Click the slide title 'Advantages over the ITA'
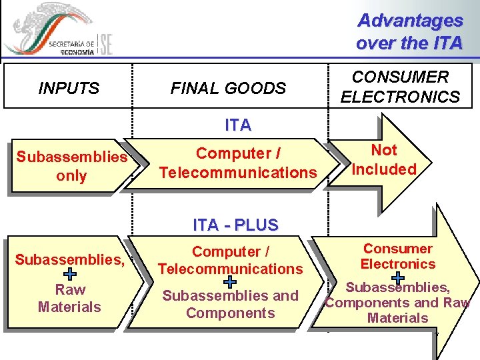(x=409, y=32)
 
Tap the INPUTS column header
(x=69, y=88)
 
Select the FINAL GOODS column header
(x=228, y=88)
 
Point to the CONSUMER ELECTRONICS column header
(x=400, y=87)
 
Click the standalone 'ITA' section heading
(x=238, y=125)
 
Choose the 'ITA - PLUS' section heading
(x=235, y=225)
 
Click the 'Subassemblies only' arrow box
(x=71, y=167)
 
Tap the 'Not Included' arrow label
(x=384, y=160)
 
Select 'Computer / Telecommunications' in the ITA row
(x=238, y=163)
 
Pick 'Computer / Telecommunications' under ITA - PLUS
(x=230, y=261)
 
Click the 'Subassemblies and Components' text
(x=230, y=305)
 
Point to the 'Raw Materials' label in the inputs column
(x=70, y=298)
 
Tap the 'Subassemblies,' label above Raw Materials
(x=70, y=259)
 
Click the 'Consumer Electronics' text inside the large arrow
(x=398, y=257)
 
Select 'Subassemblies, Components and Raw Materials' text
(x=398, y=303)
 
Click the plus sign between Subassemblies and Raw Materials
(x=70, y=274)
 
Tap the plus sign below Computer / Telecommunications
(x=229, y=282)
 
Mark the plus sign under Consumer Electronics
(x=398, y=277)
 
